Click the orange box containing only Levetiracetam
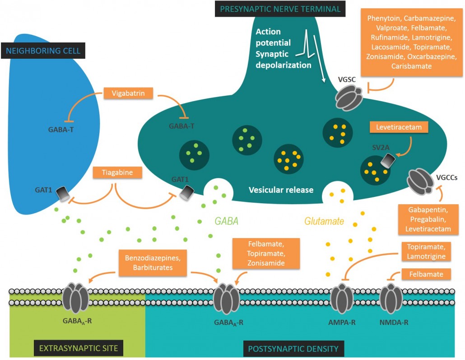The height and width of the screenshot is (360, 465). [x=399, y=128]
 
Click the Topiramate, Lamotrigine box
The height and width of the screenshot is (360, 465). [x=426, y=252]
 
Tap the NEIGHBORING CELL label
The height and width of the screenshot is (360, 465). [x=43, y=50]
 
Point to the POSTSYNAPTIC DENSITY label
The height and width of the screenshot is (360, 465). [x=293, y=349]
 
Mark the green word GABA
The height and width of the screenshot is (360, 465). [x=226, y=221]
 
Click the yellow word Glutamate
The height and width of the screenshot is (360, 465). [x=324, y=221]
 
